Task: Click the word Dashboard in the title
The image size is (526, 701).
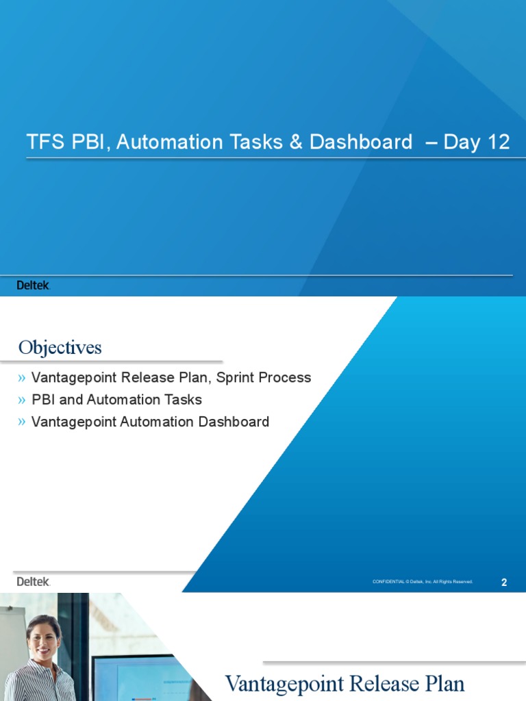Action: [361, 142]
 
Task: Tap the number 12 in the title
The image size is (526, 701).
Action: [497, 142]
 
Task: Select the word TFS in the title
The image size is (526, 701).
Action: [42, 142]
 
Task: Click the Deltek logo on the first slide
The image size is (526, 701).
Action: [33, 285]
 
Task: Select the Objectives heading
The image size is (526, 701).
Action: [60, 348]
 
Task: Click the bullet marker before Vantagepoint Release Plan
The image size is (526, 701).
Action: [23, 378]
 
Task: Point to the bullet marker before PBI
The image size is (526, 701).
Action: [23, 400]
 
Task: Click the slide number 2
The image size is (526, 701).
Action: [504, 583]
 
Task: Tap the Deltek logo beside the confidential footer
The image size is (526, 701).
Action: [33, 581]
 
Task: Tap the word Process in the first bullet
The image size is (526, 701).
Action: [288, 378]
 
